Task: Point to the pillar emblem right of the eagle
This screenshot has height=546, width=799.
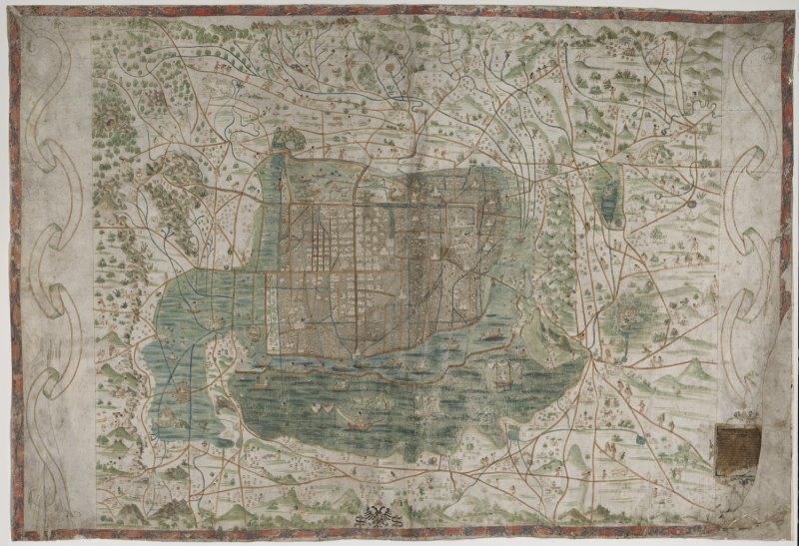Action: pos(399,516)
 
